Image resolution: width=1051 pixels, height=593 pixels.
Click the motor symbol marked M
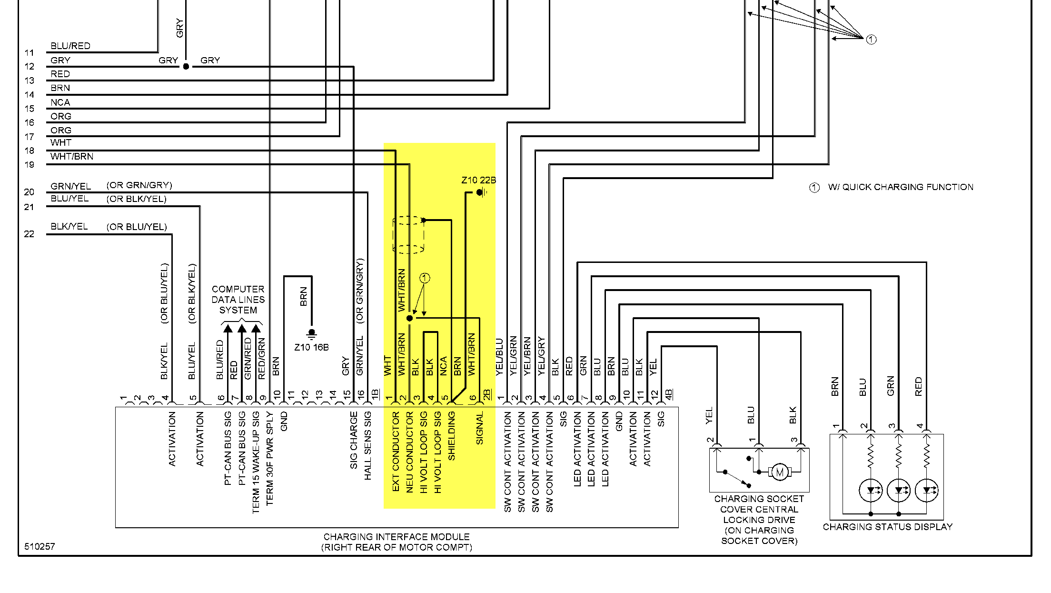(x=779, y=472)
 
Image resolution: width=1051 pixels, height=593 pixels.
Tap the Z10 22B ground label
(x=478, y=181)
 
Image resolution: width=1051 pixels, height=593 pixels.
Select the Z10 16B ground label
(x=311, y=347)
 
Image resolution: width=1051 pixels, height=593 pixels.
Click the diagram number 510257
(x=40, y=546)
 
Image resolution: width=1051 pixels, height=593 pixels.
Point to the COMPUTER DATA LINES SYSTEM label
(x=238, y=300)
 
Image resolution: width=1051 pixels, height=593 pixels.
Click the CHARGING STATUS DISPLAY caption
(x=887, y=527)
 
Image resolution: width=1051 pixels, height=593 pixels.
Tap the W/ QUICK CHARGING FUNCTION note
(x=900, y=187)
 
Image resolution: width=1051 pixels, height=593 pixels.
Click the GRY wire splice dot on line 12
(x=186, y=67)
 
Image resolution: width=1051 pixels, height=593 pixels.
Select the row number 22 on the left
(x=29, y=234)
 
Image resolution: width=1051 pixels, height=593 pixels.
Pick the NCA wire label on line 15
(x=60, y=102)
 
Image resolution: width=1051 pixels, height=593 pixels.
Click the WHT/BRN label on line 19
(x=72, y=157)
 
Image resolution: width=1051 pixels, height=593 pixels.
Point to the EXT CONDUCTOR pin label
(x=396, y=452)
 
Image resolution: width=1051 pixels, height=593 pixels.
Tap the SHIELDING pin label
(x=452, y=436)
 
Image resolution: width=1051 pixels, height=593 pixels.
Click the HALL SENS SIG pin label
(x=368, y=446)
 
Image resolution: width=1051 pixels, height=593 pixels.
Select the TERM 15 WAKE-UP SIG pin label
(x=256, y=462)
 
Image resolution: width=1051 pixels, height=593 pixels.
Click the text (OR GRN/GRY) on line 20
(x=139, y=185)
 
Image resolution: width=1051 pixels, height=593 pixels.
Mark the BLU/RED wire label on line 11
(x=70, y=46)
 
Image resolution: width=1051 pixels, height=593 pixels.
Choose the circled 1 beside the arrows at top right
(x=871, y=40)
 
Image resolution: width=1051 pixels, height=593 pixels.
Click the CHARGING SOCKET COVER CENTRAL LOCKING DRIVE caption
(x=759, y=520)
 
